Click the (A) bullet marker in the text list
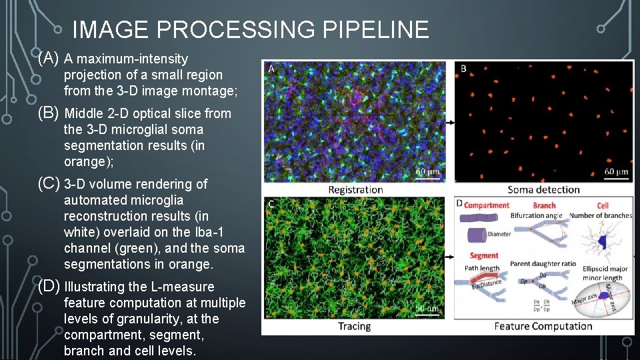tap(49, 59)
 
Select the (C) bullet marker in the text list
tap(49, 183)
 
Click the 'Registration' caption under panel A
tap(355, 190)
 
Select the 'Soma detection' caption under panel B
tap(543, 190)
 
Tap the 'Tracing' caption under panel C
tap(354, 326)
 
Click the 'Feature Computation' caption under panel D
tap(543, 326)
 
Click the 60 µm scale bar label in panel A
tap(429, 172)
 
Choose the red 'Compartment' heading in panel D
tap(486, 205)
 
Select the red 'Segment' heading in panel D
tap(484, 255)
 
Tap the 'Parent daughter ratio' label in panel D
tap(543, 263)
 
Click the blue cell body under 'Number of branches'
tap(603, 243)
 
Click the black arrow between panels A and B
tap(451, 123)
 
